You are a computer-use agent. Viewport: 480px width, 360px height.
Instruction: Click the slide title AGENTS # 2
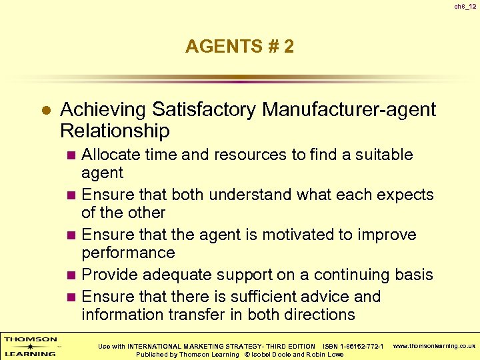click(239, 47)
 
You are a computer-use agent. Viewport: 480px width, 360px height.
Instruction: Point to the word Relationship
click(115, 130)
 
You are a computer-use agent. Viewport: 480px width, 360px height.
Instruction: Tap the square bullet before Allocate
click(73, 155)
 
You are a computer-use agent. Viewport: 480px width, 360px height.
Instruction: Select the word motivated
click(301, 235)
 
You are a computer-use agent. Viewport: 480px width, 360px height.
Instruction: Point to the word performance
click(128, 253)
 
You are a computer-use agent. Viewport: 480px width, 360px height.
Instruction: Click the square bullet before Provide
click(73, 275)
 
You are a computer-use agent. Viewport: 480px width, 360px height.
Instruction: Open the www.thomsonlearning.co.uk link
click(434, 346)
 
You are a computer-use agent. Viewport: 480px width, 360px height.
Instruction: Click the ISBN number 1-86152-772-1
click(361, 346)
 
